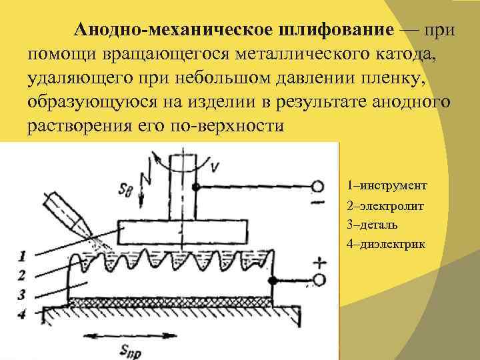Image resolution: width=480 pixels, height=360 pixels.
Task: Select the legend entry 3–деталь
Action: click(377, 225)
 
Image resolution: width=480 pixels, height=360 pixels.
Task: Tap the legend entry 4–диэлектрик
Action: click(386, 244)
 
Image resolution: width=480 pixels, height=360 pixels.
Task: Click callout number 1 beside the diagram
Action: click(23, 255)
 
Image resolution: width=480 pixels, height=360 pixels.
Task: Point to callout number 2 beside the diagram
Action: click(23, 273)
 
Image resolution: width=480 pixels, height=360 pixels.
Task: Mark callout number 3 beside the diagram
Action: click(23, 293)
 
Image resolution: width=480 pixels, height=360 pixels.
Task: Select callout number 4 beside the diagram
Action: click(23, 313)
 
